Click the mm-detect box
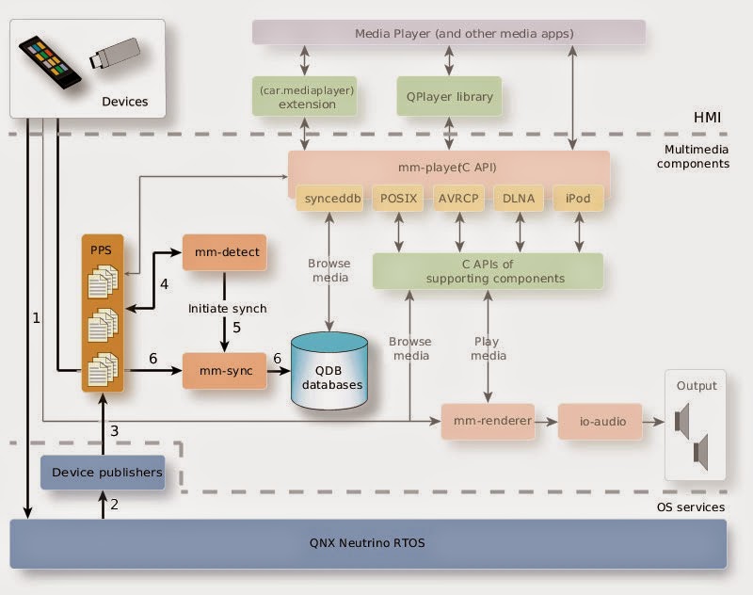(224, 252)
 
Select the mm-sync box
(224, 372)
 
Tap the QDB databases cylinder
(328, 369)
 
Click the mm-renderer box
(487, 421)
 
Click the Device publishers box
(103, 472)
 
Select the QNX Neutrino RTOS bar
(368, 544)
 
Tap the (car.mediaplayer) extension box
(307, 96)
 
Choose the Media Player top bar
(450, 33)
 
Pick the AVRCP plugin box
(458, 199)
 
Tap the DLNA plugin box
(518, 199)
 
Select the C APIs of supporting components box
(487, 270)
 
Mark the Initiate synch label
(227, 308)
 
